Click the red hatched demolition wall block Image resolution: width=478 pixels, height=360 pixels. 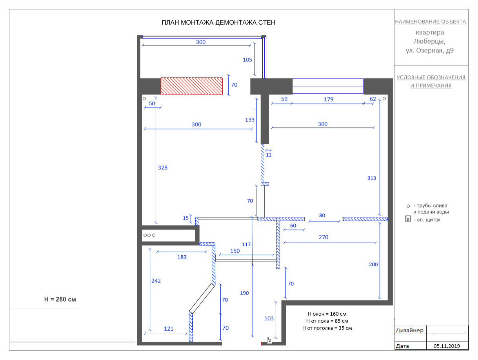pyautogui.click(x=191, y=86)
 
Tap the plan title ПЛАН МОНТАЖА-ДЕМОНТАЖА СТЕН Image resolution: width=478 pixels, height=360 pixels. pyautogui.click(x=218, y=22)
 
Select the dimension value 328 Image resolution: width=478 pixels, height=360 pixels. pyautogui.click(x=163, y=168)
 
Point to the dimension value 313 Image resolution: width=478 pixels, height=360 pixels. pyautogui.click(x=371, y=178)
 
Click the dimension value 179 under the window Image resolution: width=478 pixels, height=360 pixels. pyautogui.click(x=328, y=99)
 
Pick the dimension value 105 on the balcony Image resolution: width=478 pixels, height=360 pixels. pyautogui.click(x=247, y=60)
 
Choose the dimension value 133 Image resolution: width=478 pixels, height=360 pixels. pyautogui.click(x=249, y=120)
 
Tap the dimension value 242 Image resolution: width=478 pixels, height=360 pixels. pyautogui.click(x=156, y=281)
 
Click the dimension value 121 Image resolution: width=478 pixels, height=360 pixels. pyautogui.click(x=169, y=329)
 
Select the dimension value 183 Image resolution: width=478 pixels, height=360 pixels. pyautogui.click(x=182, y=257)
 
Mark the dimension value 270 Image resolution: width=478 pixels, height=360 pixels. pyautogui.click(x=324, y=237)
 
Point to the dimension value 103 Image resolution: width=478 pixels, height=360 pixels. pyautogui.click(x=269, y=318)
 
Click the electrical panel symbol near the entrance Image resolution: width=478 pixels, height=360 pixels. pyautogui.click(x=270, y=340)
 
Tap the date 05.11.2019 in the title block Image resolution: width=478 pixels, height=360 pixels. pyautogui.click(x=447, y=346)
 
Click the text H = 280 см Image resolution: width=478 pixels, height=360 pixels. pyautogui.click(x=60, y=299)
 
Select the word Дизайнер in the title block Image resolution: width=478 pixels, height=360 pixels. pyautogui.click(x=409, y=331)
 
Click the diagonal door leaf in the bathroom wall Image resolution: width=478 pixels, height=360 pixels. pyautogui.click(x=202, y=298)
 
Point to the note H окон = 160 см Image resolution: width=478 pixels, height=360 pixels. pyautogui.click(x=327, y=314)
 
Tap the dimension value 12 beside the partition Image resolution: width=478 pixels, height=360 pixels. pyautogui.click(x=269, y=155)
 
